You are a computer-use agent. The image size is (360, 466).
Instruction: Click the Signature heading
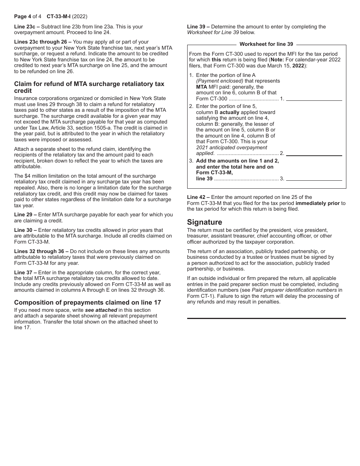(x=204, y=222)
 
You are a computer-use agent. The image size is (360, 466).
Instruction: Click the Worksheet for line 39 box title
(x=266, y=44)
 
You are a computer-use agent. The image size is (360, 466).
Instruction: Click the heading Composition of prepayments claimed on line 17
(x=87, y=302)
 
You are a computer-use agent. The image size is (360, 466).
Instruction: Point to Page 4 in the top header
(x=22, y=17)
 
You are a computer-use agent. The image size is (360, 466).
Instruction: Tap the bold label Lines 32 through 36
(x=39, y=251)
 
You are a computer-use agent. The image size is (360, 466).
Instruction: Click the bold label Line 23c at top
(x=25, y=27)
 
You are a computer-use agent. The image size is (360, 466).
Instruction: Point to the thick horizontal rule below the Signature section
(x=266, y=318)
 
